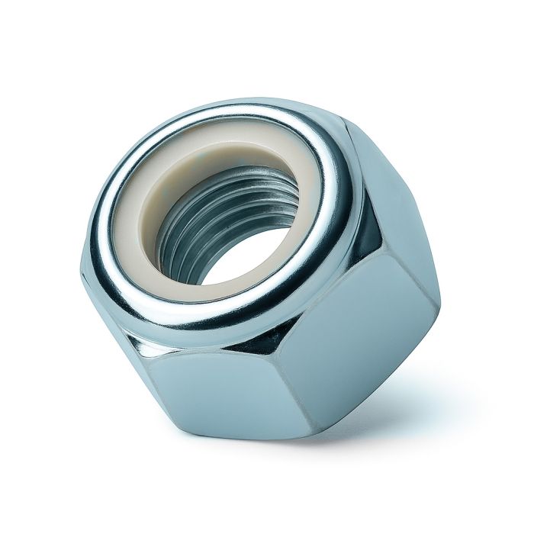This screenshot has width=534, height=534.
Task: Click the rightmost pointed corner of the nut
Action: click(x=439, y=304)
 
